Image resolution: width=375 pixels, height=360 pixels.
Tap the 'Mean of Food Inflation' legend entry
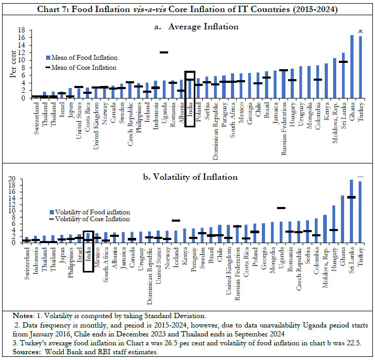(84, 58)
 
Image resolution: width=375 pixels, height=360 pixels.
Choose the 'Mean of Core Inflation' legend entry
(84, 67)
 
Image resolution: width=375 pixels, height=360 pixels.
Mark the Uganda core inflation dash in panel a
(163, 52)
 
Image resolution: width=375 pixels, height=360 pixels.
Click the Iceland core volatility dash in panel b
(175, 221)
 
